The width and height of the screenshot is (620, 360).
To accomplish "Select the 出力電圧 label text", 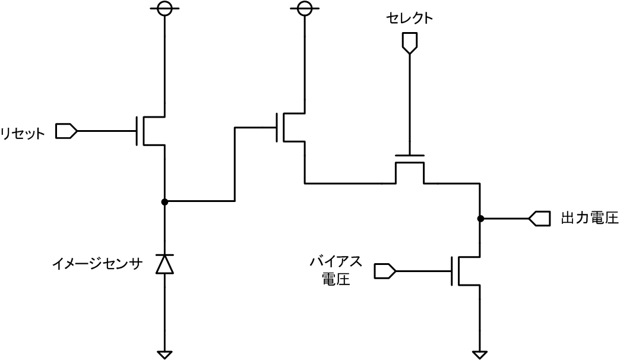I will pos(589,219).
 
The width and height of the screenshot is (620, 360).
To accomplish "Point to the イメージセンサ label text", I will pos(97,264).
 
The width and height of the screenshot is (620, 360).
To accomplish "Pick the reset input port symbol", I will pos(65,131).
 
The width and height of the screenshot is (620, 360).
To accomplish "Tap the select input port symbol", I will pos(409,42).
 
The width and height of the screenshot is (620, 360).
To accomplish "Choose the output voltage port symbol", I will pos(539,219).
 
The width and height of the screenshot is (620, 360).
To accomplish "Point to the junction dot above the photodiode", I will pos(165,202).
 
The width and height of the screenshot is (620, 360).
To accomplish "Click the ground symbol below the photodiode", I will pos(165,355).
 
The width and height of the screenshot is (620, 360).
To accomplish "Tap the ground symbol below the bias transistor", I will pos(479,355).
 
